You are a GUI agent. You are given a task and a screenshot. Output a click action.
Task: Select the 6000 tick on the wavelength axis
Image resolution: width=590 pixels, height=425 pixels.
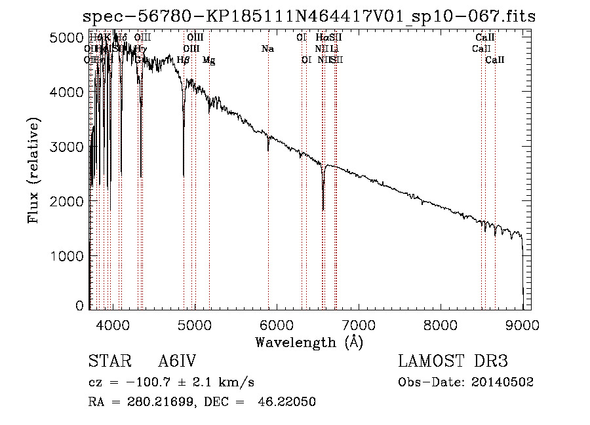click(276, 324)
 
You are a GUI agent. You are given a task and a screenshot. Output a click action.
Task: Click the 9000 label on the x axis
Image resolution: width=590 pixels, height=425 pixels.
click(522, 324)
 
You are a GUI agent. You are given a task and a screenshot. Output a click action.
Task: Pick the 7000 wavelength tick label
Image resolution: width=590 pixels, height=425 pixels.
click(358, 324)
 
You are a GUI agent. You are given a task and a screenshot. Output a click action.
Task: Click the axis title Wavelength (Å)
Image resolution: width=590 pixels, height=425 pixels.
click(309, 342)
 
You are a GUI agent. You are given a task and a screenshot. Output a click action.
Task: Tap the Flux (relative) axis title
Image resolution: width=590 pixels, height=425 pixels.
click(33, 170)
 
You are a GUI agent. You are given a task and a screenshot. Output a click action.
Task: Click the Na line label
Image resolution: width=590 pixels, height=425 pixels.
click(267, 48)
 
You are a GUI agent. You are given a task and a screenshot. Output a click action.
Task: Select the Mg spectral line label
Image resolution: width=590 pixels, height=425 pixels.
click(208, 60)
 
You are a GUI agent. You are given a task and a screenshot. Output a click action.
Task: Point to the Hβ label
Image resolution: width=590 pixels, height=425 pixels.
click(184, 60)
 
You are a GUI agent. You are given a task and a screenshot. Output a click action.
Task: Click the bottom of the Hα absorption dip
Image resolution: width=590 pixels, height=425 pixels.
click(323, 210)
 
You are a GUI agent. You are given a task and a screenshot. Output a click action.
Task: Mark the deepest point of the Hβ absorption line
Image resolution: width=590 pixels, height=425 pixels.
click(184, 176)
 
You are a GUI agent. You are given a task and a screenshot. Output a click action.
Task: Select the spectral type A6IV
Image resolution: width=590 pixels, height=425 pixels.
click(177, 361)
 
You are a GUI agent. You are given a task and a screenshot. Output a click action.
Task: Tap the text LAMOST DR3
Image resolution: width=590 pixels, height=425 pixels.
click(452, 361)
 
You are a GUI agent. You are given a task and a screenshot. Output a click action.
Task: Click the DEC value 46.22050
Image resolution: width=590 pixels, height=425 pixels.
click(288, 402)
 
